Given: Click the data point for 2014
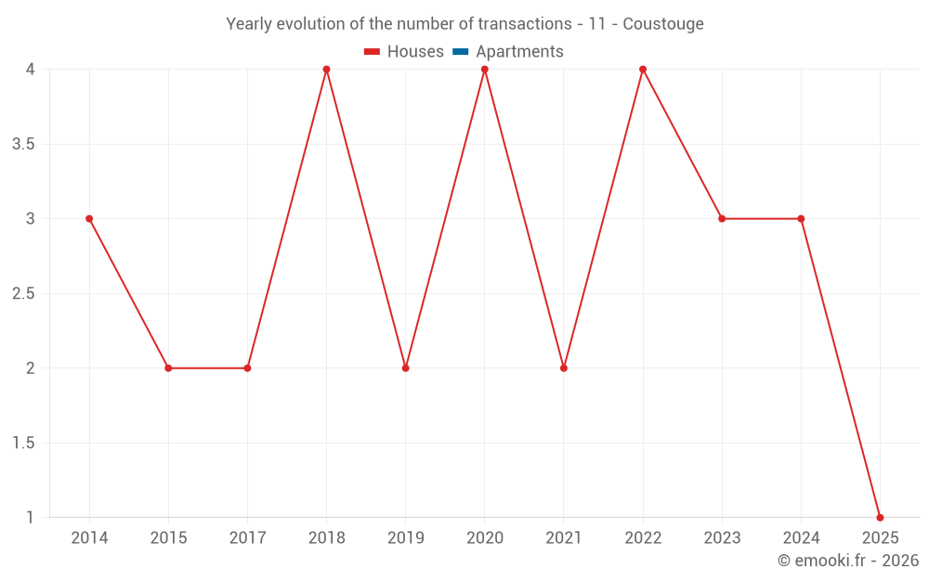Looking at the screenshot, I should tap(89, 219).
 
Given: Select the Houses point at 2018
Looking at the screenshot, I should tap(326, 70).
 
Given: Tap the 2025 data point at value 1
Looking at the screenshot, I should tap(880, 517).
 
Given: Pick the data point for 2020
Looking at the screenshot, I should tap(485, 70).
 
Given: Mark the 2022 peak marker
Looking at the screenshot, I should tap(643, 70).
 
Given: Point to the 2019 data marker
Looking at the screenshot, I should tap(406, 368).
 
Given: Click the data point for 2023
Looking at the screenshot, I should tap(722, 219).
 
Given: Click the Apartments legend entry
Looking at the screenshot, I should tap(519, 52).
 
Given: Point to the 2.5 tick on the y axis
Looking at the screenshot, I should tap(23, 294).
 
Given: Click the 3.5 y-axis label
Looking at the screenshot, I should tap(23, 145).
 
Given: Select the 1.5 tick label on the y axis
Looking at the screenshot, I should tap(23, 444).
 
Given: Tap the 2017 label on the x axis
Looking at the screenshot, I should tap(247, 538).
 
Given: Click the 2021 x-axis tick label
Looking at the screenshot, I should tap(564, 538).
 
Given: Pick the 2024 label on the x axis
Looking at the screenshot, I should tap(801, 538).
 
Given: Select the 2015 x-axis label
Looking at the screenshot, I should tap(168, 538).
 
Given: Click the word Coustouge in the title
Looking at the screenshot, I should tap(663, 24).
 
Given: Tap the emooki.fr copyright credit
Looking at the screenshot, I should tap(848, 561).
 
